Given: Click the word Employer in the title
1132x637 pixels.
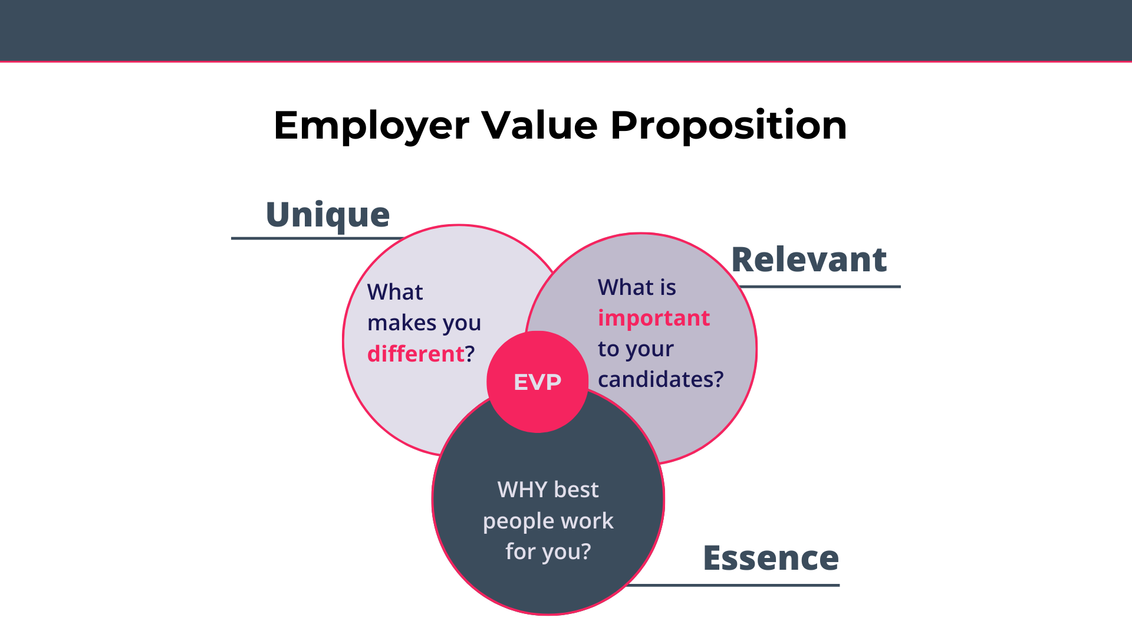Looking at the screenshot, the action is click(x=371, y=126).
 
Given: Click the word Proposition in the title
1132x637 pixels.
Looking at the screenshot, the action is click(x=729, y=126).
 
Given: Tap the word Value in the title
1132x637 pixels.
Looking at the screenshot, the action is click(x=540, y=125).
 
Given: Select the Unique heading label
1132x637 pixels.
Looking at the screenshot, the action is click(x=328, y=215).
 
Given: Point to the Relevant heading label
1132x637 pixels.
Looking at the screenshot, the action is click(x=809, y=260).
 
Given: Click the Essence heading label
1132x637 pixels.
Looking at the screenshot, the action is click(x=771, y=558).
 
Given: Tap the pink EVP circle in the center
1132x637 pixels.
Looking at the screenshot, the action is click(x=538, y=382).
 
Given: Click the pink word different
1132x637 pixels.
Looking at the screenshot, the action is click(x=416, y=354).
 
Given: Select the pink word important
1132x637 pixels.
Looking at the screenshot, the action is click(x=654, y=318).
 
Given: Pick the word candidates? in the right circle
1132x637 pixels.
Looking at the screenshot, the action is click(x=661, y=379).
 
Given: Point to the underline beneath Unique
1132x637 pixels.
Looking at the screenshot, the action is click(x=318, y=238).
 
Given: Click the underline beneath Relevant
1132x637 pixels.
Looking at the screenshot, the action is click(x=820, y=287).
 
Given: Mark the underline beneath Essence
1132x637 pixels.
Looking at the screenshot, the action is click(x=732, y=585).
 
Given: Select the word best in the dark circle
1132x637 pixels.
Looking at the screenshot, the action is click(x=577, y=490).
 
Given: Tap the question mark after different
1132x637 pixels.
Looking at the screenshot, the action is click(x=470, y=354).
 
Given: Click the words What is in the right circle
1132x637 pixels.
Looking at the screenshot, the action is click(x=637, y=287).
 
